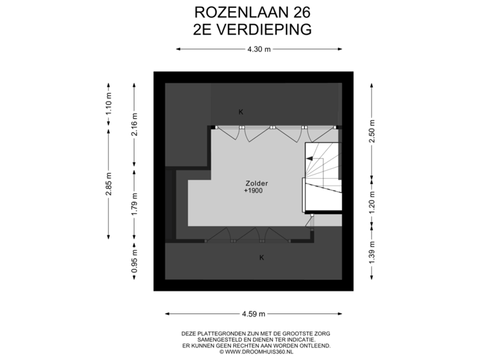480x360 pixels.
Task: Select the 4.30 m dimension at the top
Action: [x=258, y=49]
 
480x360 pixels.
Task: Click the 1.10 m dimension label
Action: [x=109, y=105]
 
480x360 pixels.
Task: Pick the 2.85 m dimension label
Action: [x=109, y=184]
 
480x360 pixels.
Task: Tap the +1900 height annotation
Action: [x=253, y=191]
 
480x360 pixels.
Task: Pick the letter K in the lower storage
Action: [x=261, y=257]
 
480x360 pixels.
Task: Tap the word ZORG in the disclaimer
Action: [x=321, y=333]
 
